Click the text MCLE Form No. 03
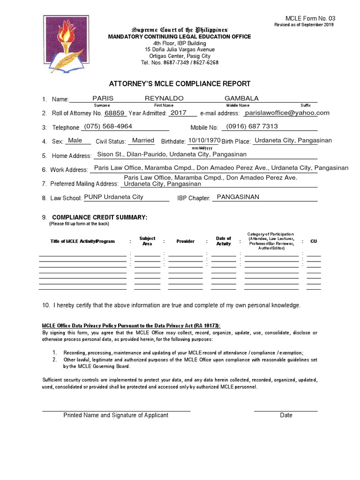click(x=317, y=18)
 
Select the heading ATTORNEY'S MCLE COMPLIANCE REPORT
click(x=180, y=84)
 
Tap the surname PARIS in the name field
click(x=103, y=98)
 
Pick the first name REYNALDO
click(x=164, y=98)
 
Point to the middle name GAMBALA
click(x=242, y=98)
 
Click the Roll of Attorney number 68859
click(x=115, y=113)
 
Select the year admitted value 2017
click(x=179, y=113)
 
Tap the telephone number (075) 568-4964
click(x=108, y=127)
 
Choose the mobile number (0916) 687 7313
click(x=252, y=127)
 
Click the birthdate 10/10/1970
click(x=204, y=140)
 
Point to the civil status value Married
click(x=143, y=140)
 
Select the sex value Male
click(x=75, y=140)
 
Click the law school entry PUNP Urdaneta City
click(x=113, y=197)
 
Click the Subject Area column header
click(x=147, y=241)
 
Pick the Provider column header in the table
click(x=185, y=241)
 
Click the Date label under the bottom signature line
click(x=286, y=415)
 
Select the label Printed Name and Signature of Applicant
click(x=116, y=415)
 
